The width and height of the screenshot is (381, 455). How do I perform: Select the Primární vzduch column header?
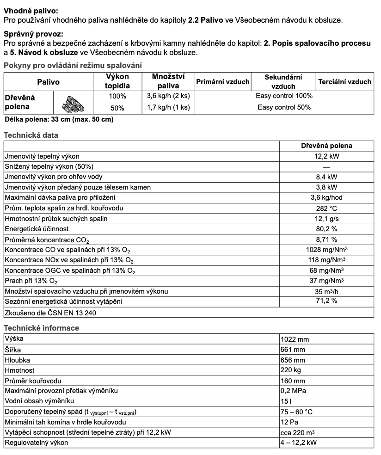(x=223, y=82)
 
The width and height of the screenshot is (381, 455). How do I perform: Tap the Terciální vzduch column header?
(x=344, y=82)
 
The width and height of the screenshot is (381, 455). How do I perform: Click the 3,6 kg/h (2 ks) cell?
(x=168, y=96)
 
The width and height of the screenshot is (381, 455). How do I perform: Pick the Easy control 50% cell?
(x=284, y=107)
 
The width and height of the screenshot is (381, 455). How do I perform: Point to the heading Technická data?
(x=31, y=135)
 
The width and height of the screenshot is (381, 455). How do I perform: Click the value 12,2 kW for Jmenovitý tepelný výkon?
(x=326, y=156)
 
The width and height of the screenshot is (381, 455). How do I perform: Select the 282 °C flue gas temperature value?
(x=326, y=208)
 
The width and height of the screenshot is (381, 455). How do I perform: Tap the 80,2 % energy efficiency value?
(x=326, y=229)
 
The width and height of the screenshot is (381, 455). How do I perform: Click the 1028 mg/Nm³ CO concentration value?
(x=326, y=250)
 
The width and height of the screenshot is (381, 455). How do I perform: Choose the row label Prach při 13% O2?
(x=31, y=281)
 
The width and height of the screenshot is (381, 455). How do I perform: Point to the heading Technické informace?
(x=41, y=328)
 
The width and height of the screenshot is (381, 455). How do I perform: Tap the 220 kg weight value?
(x=290, y=370)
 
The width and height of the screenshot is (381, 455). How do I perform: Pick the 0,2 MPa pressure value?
(x=293, y=391)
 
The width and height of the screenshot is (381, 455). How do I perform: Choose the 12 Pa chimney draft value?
(x=289, y=422)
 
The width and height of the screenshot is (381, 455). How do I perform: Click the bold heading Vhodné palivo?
(x=31, y=10)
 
